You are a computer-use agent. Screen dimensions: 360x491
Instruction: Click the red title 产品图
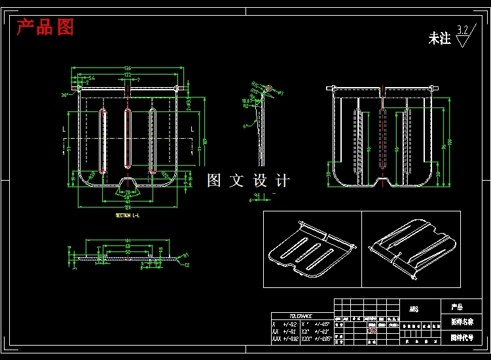pyautogui.click(x=45, y=27)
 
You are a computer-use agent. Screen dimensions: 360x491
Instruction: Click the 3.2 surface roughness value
pyautogui.click(x=463, y=29)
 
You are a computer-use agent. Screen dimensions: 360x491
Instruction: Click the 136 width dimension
pyautogui.click(x=127, y=67)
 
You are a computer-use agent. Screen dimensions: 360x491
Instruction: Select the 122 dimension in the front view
pyautogui.click(x=127, y=75)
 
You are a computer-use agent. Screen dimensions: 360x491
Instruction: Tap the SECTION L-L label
pyautogui.click(x=127, y=215)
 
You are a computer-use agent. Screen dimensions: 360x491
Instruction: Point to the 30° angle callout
pyautogui.click(x=65, y=95)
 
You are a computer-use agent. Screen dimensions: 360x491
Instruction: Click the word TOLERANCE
pyautogui.click(x=300, y=316)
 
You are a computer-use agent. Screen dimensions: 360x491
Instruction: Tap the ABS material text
pyautogui.click(x=414, y=309)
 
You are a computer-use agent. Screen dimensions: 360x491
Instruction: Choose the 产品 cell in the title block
pyautogui.click(x=456, y=307)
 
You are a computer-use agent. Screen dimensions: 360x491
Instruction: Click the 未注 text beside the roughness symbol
pyautogui.click(x=439, y=39)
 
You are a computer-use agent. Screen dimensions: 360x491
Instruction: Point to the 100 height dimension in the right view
pyautogui.click(x=449, y=141)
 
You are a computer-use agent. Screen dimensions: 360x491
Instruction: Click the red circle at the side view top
pyautogui.click(x=269, y=88)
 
